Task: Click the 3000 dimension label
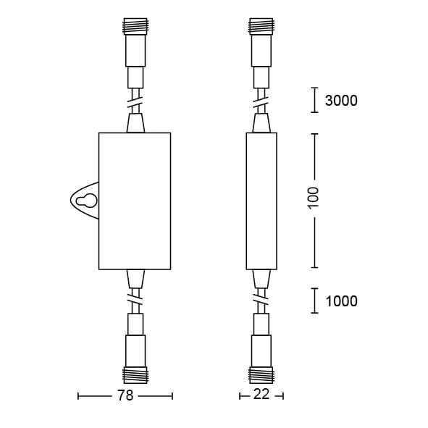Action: click(341, 101)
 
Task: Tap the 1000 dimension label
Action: click(341, 301)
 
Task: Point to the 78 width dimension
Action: click(125, 396)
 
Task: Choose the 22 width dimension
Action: click(261, 396)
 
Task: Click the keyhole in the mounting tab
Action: click(87, 202)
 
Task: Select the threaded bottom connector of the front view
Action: click(135, 375)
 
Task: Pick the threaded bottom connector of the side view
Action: click(261, 375)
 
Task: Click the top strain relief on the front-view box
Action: click(135, 122)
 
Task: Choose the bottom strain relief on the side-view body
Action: click(261, 277)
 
